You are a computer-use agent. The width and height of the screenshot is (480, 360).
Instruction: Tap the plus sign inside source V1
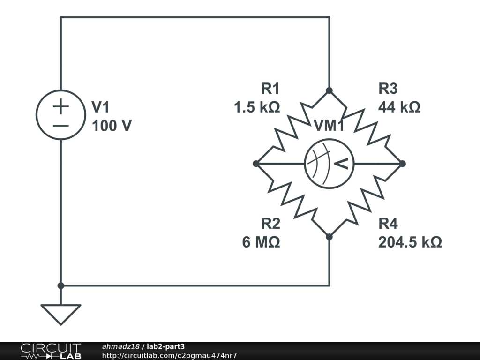60,107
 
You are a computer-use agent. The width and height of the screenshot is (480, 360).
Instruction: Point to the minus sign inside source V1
60,126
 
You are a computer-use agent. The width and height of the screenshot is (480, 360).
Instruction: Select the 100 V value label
112,126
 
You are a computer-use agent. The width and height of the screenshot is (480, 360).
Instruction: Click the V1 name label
100,107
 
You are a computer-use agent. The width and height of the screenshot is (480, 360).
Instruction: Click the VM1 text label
329,126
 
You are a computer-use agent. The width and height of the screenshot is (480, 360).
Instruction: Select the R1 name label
270,89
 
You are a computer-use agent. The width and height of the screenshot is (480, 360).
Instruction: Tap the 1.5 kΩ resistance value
257,107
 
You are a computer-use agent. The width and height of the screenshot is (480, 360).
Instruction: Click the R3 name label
388,89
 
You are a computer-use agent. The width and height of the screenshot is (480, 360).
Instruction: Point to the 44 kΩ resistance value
399,107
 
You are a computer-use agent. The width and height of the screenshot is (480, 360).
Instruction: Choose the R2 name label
270,224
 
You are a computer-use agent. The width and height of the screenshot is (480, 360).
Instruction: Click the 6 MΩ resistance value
261,242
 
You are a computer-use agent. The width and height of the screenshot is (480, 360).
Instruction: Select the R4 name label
388,224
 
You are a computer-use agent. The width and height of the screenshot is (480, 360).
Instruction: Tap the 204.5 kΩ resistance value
410,242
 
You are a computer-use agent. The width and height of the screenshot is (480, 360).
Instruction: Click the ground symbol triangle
60,313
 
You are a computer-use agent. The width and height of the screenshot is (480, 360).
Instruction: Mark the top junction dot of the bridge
329,90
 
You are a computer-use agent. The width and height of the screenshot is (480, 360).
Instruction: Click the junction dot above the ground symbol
60,285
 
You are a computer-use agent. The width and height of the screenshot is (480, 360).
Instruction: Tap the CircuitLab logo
51,351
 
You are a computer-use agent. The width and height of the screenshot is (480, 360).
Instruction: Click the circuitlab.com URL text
169,355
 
